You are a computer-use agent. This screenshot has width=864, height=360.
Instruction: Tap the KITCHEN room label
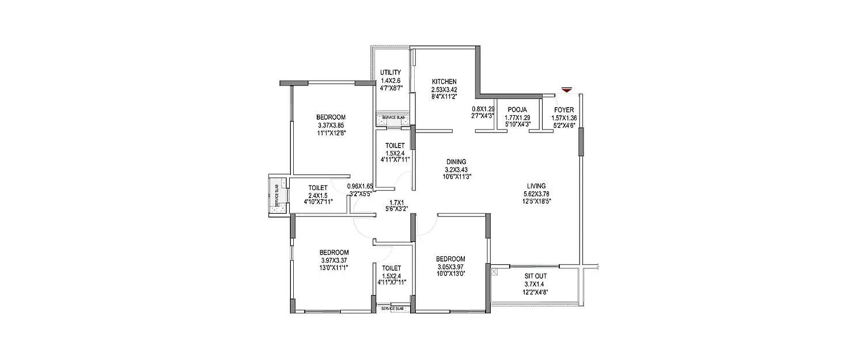click(444, 82)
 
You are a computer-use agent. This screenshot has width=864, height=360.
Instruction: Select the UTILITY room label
click(391, 73)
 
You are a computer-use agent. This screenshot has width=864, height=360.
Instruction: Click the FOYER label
click(564, 109)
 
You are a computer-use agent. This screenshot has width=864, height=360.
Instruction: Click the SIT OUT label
click(536, 276)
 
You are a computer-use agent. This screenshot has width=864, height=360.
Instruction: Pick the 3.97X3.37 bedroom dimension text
click(334, 260)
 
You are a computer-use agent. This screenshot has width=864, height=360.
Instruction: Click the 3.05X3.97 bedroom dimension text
click(450, 267)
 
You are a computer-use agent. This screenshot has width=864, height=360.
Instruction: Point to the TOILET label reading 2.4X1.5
click(318, 188)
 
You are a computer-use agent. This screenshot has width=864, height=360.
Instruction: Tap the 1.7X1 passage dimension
click(396, 202)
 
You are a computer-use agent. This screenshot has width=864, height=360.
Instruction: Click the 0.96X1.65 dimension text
click(360, 187)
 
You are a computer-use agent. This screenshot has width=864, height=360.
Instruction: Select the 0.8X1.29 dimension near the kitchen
click(483, 109)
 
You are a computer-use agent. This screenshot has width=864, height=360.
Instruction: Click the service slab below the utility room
click(393, 119)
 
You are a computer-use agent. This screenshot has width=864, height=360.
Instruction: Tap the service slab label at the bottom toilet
click(393, 309)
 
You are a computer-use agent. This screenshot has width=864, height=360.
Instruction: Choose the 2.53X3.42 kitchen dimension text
click(444, 90)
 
